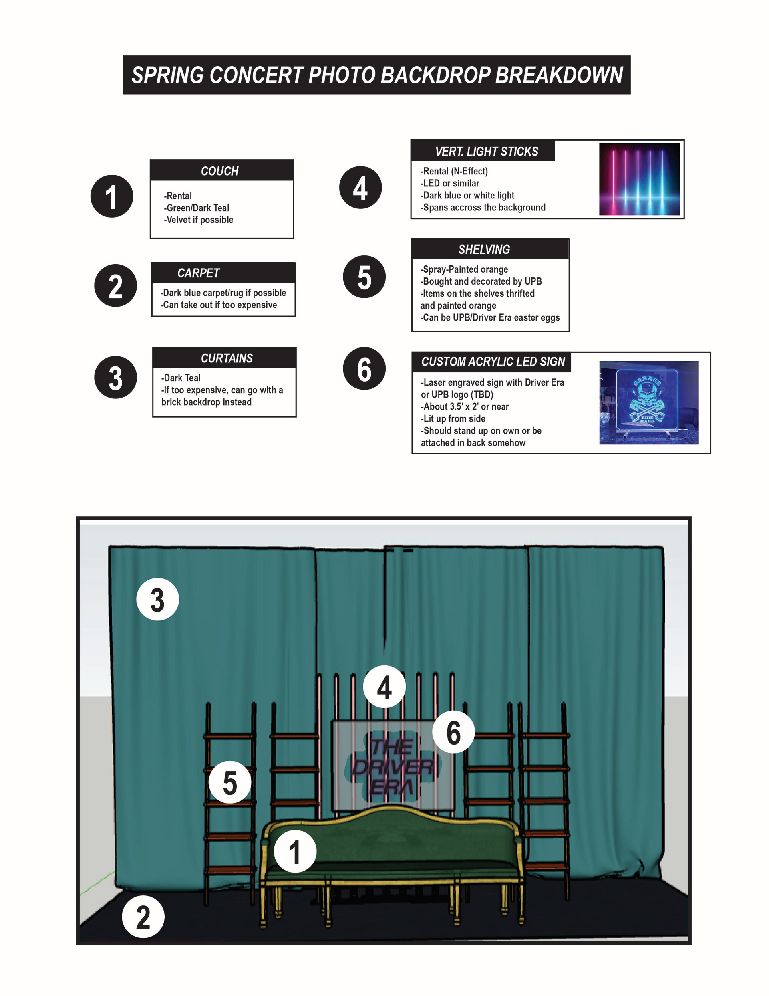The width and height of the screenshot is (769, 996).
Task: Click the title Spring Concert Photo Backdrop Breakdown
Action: click(376, 75)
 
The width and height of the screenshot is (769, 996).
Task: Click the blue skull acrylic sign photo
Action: click(648, 402)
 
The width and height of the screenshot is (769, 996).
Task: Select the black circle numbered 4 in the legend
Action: click(360, 188)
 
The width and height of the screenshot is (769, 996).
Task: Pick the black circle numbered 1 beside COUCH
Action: click(112, 196)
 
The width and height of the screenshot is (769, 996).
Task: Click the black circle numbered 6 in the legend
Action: click(364, 368)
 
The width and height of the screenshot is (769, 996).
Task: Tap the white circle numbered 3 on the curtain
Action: click(157, 599)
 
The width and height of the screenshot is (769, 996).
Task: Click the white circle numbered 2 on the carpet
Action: click(143, 917)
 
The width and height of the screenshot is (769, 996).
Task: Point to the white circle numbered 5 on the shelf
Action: click(230, 782)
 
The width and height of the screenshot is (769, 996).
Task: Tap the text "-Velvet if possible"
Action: click(198, 220)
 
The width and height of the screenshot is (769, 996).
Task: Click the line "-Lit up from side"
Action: click(453, 419)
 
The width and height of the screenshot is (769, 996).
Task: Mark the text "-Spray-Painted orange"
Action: click(464, 269)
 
